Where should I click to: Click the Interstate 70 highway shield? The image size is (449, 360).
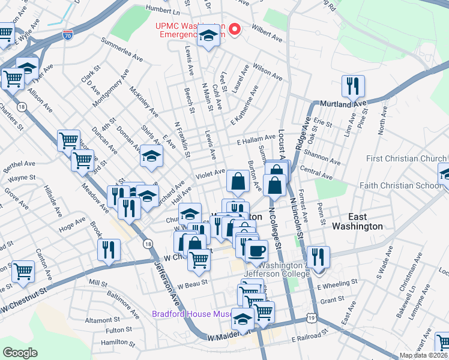coord(68,35)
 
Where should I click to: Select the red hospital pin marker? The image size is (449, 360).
coord(235,29)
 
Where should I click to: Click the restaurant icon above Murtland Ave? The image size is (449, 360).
coord(353,86)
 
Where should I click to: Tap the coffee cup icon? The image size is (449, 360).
coord(256,251)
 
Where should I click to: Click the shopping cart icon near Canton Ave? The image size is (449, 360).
coord(23,271)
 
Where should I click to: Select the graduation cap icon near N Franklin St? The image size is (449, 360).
coord(151,157)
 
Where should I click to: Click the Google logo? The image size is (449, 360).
coord(20,353)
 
